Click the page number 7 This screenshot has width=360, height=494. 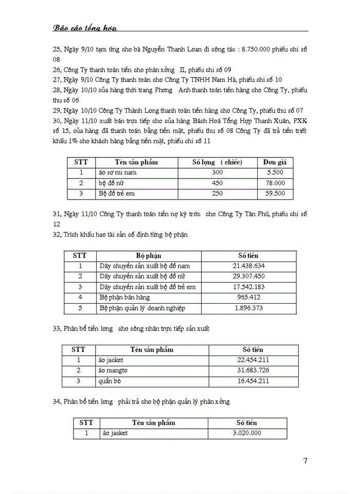[x=305, y=461]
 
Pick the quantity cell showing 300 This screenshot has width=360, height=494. [x=218, y=172]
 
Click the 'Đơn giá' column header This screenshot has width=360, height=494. [x=276, y=162]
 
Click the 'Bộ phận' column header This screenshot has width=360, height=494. [x=149, y=255]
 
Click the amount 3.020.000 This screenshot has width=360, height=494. [x=247, y=433]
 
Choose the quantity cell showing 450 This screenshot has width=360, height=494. [x=218, y=183]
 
